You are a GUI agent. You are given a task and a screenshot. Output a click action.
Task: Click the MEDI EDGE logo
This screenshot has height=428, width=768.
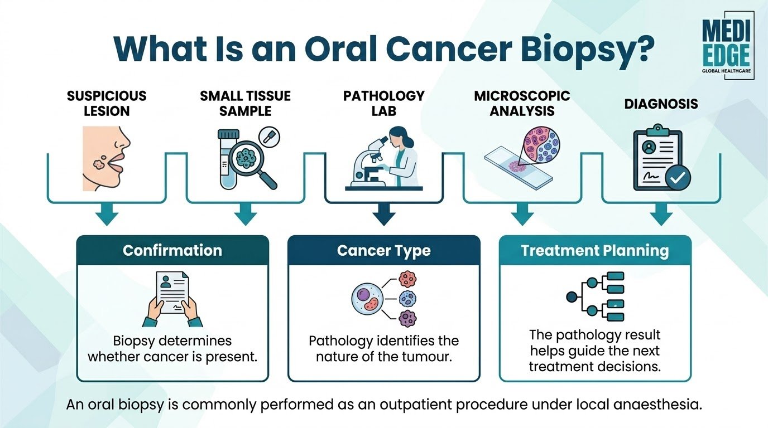pyautogui.click(x=726, y=46)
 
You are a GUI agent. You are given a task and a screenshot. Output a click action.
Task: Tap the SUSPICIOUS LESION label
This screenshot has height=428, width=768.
pyautogui.click(x=107, y=104)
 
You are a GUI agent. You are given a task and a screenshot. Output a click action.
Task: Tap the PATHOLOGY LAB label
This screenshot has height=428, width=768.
pyautogui.click(x=383, y=104)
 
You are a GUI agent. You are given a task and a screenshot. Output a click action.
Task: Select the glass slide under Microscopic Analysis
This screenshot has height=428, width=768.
pyautogui.click(x=518, y=168)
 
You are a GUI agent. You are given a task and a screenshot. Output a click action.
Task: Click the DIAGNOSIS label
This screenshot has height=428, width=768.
pyautogui.click(x=661, y=104)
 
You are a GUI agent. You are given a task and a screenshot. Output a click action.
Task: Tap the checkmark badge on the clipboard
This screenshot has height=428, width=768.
pyautogui.click(x=678, y=178)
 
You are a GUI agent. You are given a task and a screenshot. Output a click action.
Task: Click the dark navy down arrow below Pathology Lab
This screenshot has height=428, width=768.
pyautogui.click(x=384, y=214)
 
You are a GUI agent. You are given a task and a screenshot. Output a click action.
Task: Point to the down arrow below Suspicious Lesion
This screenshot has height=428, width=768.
pyautogui.click(x=107, y=214)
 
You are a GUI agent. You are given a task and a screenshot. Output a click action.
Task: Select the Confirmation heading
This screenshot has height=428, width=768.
pyautogui.click(x=172, y=251)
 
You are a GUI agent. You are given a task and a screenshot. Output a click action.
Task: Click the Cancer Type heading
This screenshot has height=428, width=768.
pyautogui.click(x=383, y=251)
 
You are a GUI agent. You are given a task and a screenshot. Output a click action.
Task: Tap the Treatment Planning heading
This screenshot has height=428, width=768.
pyautogui.click(x=595, y=251)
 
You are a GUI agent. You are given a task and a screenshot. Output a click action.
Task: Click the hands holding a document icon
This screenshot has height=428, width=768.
pyautogui.click(x=172, y=299)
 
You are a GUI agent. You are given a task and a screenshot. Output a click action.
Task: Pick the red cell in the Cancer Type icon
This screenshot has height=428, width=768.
pyautogui.click(x=407, y=279)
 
